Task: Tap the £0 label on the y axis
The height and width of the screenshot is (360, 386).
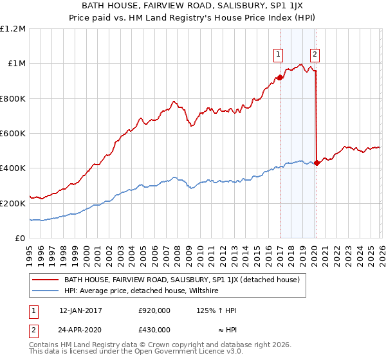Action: tap(20, 238)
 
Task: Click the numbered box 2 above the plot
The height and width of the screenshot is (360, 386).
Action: tap(315, 55)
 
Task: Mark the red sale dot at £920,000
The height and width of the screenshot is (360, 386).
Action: tap(280, 78)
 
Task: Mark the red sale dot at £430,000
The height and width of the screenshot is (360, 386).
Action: tap(317, 163)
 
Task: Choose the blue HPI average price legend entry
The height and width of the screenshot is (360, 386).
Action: tap(141, 291)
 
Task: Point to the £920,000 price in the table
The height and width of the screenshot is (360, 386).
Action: tap(154, 310)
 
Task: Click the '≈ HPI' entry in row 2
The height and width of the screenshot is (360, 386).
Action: tap(225, 329)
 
